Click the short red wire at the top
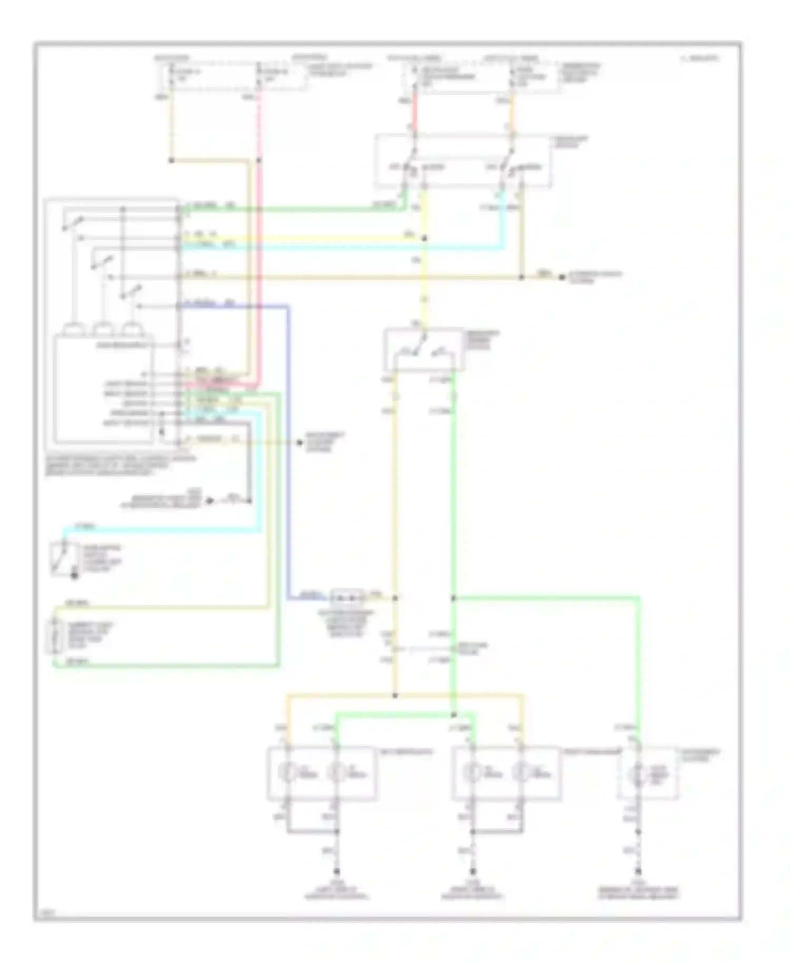(x=415, y=112)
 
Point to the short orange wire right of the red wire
(x=512, y=112)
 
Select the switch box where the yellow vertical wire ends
(x=424, y=349)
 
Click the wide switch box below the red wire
(x=463, y=160)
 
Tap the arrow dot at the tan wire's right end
(x=562, y=277)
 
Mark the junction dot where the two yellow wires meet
(x=424, y=238)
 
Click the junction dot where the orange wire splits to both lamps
(x=395, y=696)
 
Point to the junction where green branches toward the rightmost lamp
(x=453, y=598)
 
